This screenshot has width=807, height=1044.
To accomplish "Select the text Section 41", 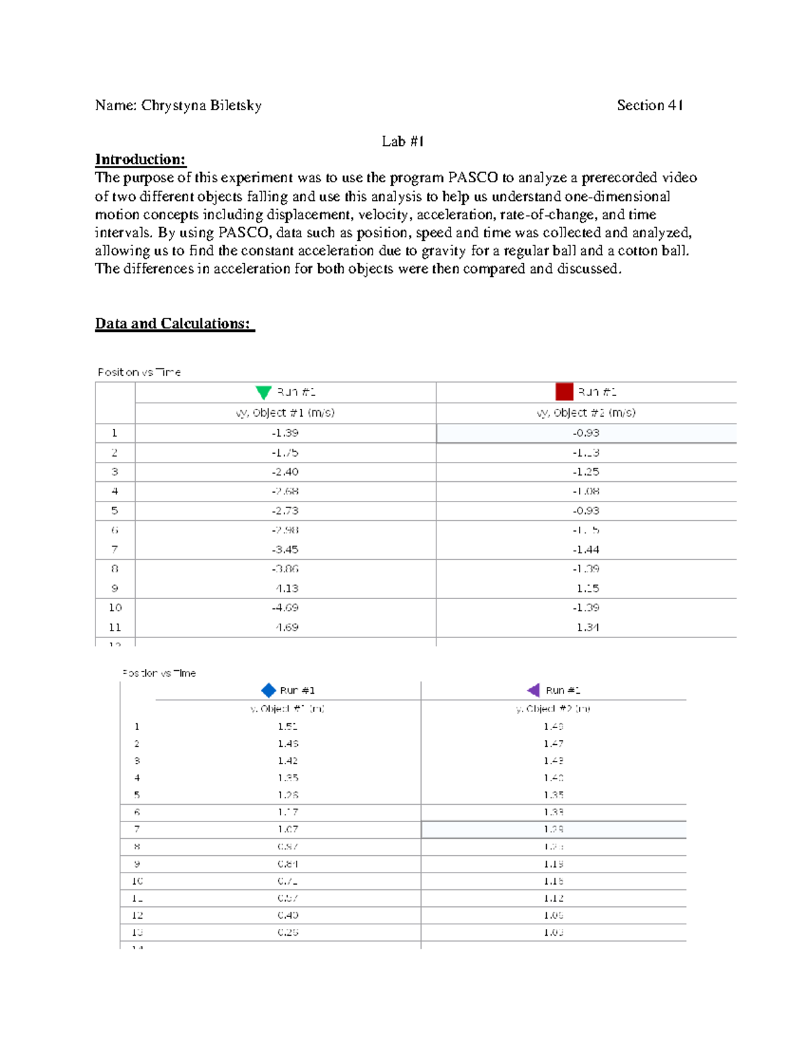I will click(650, 106).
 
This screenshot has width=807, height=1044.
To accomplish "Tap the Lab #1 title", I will click(402, 141).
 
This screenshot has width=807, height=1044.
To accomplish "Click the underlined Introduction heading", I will click(140, 159).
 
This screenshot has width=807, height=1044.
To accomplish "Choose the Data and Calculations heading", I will click(174, 323).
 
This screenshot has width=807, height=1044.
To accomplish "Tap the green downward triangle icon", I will click(264, 393).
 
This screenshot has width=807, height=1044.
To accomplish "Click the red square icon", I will click(564, 392).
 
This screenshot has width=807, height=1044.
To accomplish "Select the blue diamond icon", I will click(268, 690).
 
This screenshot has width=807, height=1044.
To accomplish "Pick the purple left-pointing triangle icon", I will click(533, 690).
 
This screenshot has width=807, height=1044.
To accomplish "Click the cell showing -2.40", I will click(285, 472).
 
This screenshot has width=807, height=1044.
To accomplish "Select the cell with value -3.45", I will click(285, 550).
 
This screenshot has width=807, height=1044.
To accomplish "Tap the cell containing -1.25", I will click(586, 472).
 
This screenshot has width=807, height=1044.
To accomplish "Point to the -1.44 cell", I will click(586, 550).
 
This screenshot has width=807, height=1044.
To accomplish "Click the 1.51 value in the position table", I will click(287, 727).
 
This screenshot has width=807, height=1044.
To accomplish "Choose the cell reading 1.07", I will click(287, 830).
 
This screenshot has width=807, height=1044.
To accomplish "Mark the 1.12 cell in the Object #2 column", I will click(553, 898).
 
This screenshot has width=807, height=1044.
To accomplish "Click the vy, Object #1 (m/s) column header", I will click(285, 413).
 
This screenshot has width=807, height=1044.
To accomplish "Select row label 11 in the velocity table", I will click(115, 627).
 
